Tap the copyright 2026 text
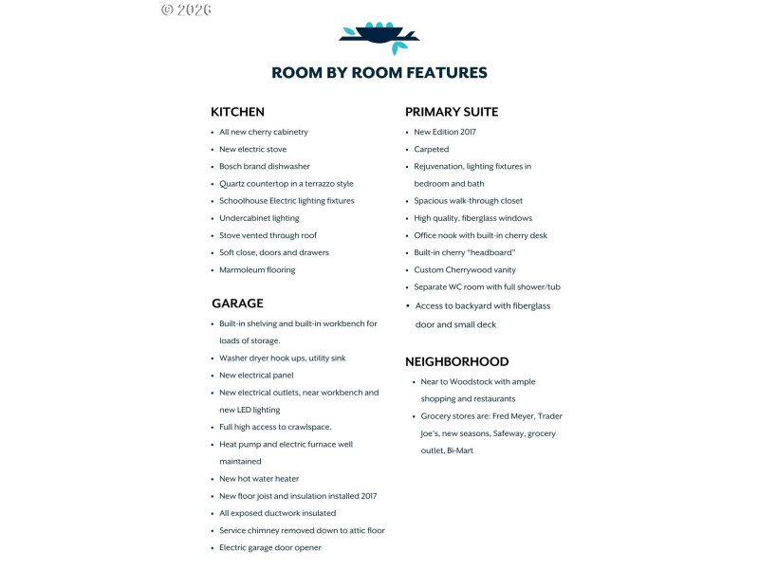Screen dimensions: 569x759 [x=186, y=9]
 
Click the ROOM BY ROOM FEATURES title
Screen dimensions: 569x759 [x=379, y=73]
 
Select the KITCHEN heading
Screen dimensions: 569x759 [x=237, y=112]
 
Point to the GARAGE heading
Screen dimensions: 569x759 [x=237, y=303]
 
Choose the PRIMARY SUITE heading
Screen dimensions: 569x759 [x=452, y=112]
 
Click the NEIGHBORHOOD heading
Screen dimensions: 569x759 [x=456, y=361]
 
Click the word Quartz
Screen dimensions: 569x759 [x=232, y=184]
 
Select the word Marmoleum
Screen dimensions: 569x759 [x=241, y=269]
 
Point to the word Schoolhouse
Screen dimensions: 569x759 [x=246, y=201]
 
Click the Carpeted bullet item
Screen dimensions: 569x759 [x=432, y=149]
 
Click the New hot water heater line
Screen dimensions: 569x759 [x=259, y=478]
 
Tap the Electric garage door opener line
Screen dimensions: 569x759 [x=270, y=547]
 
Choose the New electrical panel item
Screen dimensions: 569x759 [x=256, y=375]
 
